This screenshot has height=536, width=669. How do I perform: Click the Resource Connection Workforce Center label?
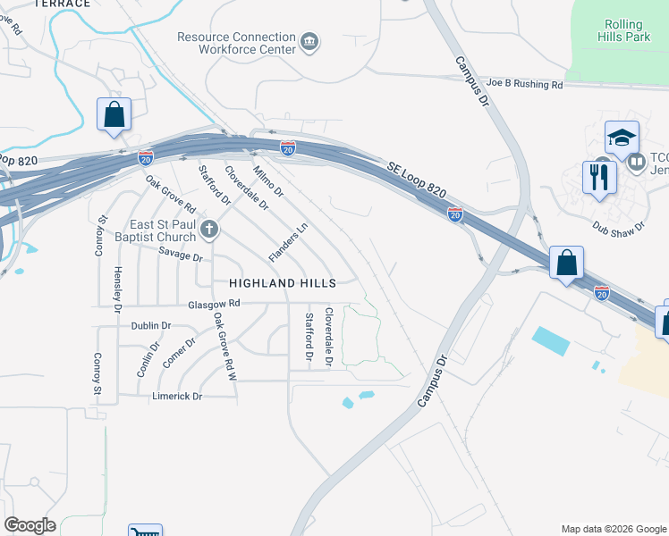point(236,43)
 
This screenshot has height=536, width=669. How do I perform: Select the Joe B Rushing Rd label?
point(524,85)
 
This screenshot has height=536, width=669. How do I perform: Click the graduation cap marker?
point(622,138)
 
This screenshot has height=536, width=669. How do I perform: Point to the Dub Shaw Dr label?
point(619,226)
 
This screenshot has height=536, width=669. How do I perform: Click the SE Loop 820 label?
point(416,179)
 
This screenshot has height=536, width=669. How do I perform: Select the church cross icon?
point(209,230)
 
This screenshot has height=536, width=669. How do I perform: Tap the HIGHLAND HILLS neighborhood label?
point(282,282)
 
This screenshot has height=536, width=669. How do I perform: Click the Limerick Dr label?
point(177,396)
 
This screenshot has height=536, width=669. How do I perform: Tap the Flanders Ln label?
point(288,241)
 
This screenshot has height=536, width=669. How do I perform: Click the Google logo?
point(30,525)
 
